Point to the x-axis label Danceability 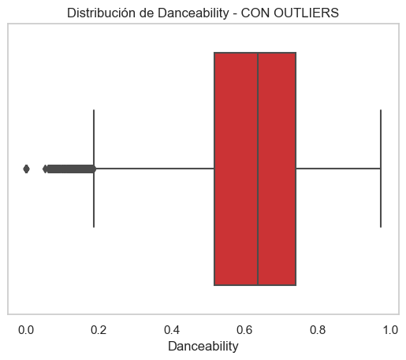tap(203, 346)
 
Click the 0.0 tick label tap(26, 328)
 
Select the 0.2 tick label tap(99, 328)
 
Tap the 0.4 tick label tap(172, 328)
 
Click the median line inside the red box tap(258, 169)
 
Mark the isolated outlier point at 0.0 tap(26, 169)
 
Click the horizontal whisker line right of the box tap(338, 169)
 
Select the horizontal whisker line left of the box tap(155, 169)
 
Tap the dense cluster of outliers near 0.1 tap(67, 169)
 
